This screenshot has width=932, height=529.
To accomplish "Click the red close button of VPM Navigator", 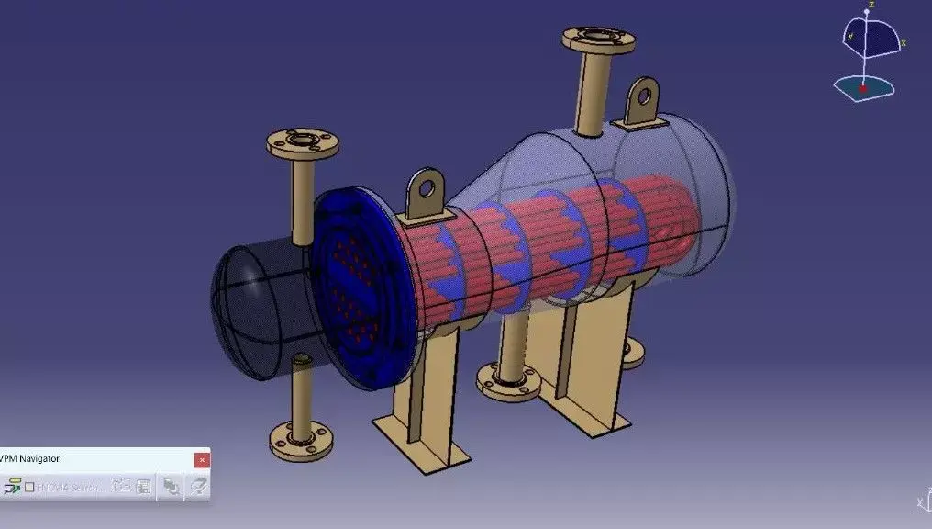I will [x=202, y=459].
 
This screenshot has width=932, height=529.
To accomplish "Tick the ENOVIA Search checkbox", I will [x=29, y=487].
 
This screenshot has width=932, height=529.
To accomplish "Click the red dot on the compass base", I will [x=862, y=89].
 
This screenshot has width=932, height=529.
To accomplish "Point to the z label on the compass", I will [x=871, y=5].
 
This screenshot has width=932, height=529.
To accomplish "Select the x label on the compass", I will [x=904, y=42].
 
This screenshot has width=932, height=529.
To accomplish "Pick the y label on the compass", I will [x=850, y=36].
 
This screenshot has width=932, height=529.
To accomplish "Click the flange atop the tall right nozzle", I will [x=598, y=39].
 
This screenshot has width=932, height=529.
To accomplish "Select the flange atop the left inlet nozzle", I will [x=302, y=144].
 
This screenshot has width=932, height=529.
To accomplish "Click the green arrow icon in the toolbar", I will [x=13, y=487].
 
